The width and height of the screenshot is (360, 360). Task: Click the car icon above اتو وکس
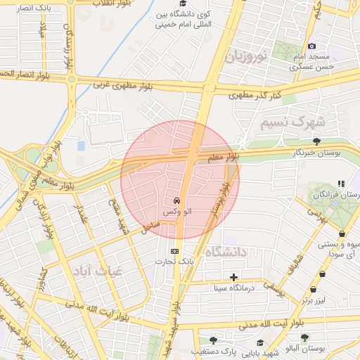click(174, 200)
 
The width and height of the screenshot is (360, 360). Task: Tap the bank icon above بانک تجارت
click(174, 250)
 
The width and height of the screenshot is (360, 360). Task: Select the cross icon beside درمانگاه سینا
click(233, 277)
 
